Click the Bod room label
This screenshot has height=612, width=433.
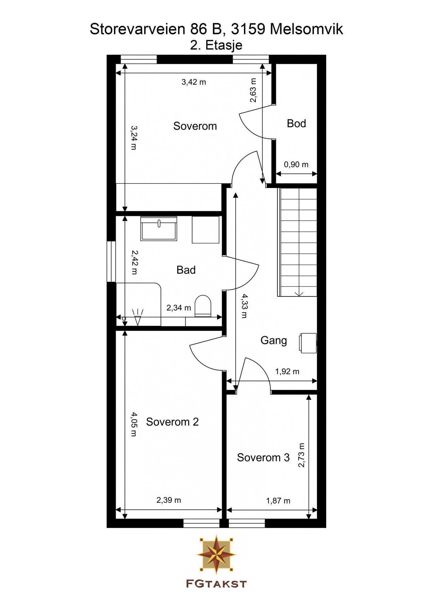(296, 123)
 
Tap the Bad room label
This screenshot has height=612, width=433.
(186, 270)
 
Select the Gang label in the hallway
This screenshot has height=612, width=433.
(274, 341)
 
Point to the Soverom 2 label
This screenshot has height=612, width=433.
(172, 422)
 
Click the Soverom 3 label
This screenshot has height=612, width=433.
(263, 458)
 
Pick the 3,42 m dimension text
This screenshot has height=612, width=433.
(194, 82)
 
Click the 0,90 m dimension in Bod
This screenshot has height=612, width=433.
(296, 165)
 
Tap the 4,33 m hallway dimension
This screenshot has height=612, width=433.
(244, 306)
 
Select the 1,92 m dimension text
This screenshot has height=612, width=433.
(287, 371)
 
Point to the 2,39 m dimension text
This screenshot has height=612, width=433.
(169, 500)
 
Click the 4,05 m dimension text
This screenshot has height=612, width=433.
(134, 424)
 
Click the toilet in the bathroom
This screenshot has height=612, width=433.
(203, 306)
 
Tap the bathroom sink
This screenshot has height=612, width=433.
(159, 228)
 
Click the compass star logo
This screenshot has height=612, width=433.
(216, 554)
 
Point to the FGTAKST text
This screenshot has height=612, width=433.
(216, 584)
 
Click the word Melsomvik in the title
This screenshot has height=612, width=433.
(306, 29)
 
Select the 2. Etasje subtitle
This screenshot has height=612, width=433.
(216, 45)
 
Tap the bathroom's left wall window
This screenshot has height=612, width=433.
(112, 262)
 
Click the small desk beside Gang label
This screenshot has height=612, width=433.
(307, 343)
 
